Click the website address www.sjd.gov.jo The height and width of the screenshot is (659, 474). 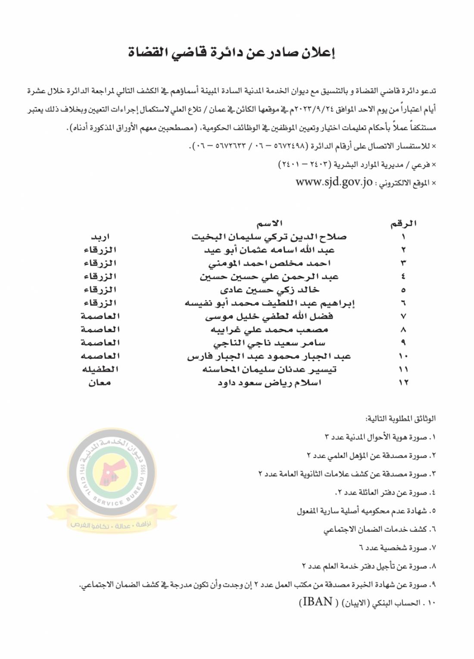[x=334, y=182]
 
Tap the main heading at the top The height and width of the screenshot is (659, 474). [x=232, y=53]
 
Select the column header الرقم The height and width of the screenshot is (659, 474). [x=403, y=223]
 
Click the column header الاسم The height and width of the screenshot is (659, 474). [x=269, y=223]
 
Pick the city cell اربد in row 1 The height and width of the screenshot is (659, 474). [x=100, y=237]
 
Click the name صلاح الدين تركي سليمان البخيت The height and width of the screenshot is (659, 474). [x=269, y=237]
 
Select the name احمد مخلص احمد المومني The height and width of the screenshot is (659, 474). [x=269, y=263]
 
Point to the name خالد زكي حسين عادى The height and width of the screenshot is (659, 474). [x=269, y=290]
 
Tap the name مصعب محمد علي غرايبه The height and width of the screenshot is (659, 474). [x=269, y=330]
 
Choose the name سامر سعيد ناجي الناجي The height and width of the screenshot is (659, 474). [x=269, y=343]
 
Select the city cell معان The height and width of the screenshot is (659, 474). [x=100, y=383]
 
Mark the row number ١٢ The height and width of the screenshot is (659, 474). [x=403, y=383]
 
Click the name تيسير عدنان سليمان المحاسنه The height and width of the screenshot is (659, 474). [x=269, y=369]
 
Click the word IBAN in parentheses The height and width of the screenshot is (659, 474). [x=317, y=602]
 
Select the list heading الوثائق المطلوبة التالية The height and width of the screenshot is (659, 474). [x=400, y=419]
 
